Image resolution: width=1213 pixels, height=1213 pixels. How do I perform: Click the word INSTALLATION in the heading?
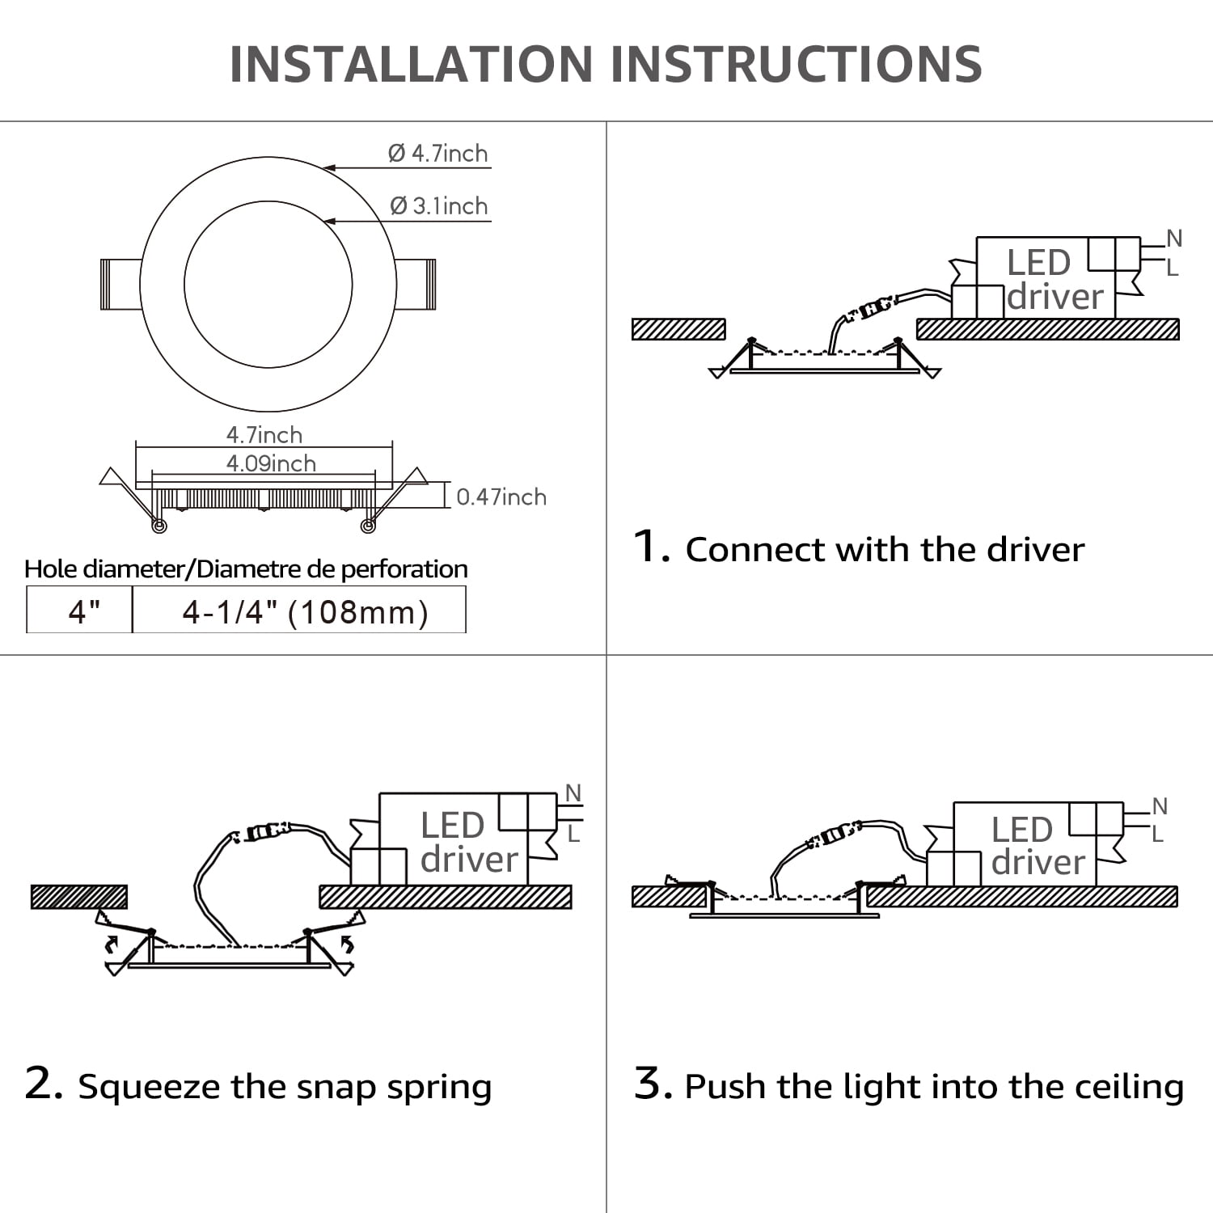pyautogui.click(x=412, y=65)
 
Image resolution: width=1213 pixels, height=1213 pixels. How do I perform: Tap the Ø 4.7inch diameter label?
pyautogui.click(x=438, y=153)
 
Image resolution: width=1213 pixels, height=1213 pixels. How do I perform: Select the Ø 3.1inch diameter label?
pyautogui.click(x=439, y=206)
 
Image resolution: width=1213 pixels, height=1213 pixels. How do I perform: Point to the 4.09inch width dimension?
pyautogui.click(x=271, y=463)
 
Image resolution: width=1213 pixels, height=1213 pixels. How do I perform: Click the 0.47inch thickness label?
pyautogui.click(x=501, y=497)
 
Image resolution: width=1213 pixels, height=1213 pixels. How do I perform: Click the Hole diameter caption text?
pyautogui.click(x=246, y=568)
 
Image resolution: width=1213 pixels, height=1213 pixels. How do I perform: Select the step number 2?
pyautogui.click(x=44, y=1083)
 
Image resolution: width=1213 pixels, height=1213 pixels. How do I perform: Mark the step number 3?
pyautogui.click(x=653, y=1083)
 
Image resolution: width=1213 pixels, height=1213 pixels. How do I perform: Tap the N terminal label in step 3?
pyautogui.click(x=1160, y=806)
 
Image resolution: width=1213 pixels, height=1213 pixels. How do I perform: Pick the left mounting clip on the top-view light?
pyautogui.click(x=120, y=284)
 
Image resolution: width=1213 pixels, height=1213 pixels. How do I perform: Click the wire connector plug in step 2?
pyautogui.click(x=262, y=832)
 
